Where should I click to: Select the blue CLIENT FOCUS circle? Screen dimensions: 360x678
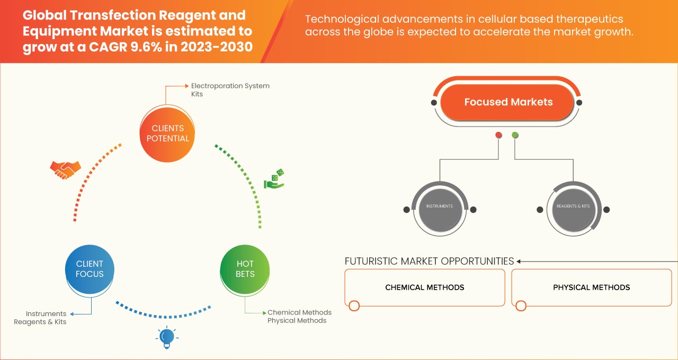90,269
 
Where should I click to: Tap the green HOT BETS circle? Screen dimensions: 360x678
245,269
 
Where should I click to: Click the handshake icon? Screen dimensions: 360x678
66,169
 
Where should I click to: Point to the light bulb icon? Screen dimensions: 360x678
167,337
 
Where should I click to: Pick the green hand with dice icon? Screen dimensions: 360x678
274,179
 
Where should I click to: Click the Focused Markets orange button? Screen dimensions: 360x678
508,102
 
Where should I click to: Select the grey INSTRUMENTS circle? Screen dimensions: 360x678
440,206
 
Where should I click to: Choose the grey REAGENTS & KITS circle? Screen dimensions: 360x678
573,206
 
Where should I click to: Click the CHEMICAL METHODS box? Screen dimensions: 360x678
424,287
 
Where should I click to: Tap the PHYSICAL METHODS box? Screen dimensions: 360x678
591,287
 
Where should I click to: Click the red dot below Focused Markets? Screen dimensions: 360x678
498,136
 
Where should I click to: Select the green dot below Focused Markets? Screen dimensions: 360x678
515,136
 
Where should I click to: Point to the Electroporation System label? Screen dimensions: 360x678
230,86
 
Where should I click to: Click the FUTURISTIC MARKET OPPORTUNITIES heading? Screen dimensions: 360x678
429,261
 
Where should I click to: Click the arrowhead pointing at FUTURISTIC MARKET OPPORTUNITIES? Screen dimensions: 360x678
519,261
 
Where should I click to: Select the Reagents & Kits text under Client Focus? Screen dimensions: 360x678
40,322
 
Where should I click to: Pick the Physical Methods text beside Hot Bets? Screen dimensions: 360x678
297,320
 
